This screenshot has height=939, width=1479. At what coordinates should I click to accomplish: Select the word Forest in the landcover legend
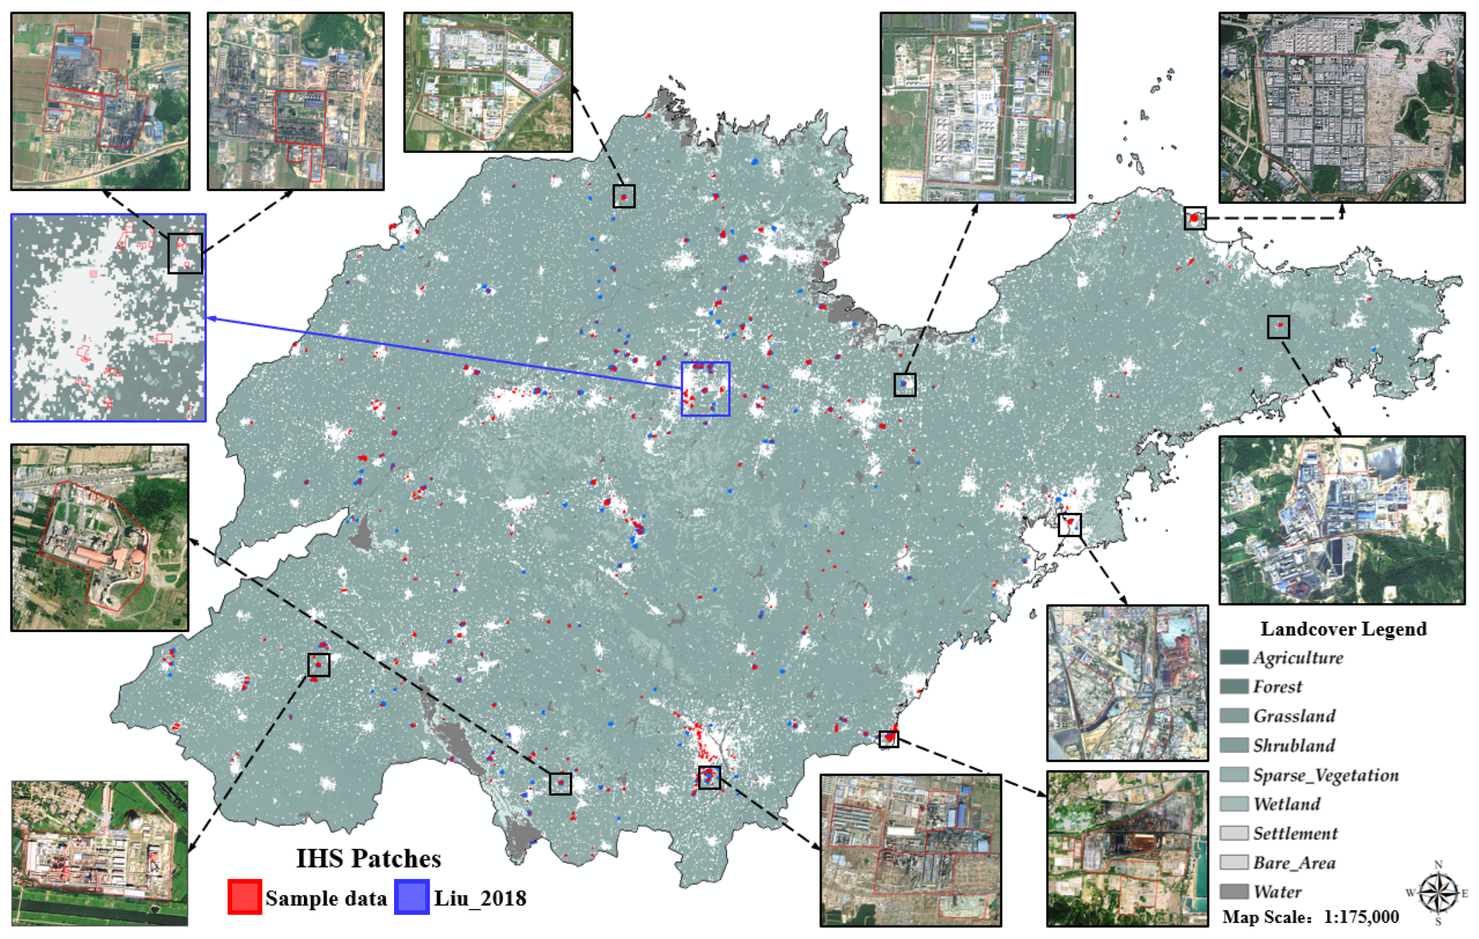tap(1277, 686)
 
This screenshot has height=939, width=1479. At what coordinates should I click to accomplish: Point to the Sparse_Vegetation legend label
tap(1325, 775)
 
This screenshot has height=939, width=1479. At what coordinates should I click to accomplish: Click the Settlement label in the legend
tap(1295, 833)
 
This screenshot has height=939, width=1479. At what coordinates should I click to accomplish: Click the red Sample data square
tap(244, 897)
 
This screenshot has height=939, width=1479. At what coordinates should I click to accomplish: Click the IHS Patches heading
tap(369, 859)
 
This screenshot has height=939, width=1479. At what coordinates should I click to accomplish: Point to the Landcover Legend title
tap(1343, 629)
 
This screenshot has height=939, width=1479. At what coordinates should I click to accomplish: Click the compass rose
tap(1437, 893)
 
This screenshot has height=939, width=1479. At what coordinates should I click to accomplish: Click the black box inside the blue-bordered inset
tap(185, 253)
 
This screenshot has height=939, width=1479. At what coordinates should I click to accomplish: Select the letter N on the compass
tap(1438, 865)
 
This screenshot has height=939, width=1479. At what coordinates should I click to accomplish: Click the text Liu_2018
tap(480, 898)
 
